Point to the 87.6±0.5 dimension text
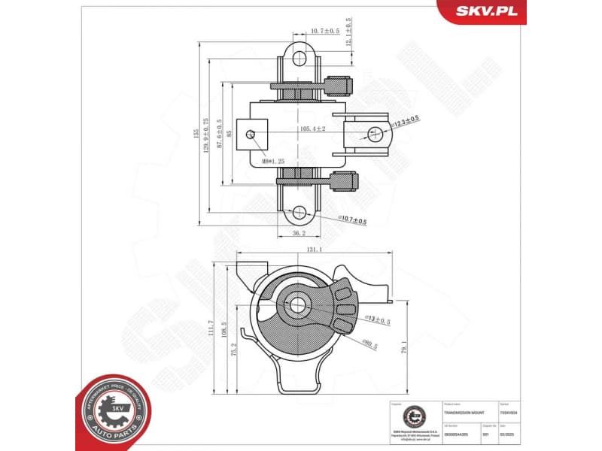[x=219, y=135]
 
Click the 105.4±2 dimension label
[x=312, y=129]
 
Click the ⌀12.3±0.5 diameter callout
[x=405, y=121]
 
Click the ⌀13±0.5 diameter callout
[x=378, y=320]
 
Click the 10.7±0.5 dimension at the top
[x=324, y=32]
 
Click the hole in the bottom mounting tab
[x=300, y=213]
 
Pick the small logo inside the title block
[x=413, y=415]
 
